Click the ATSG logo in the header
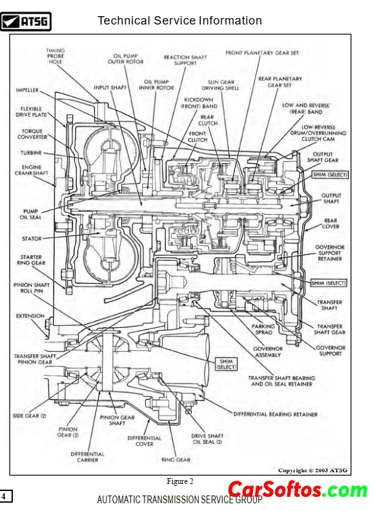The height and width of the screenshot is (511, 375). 26,21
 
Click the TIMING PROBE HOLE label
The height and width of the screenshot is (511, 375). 56,55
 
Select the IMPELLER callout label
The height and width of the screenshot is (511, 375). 27,90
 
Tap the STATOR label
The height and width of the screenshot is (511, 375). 32,239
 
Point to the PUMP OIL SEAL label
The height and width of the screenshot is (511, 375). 30,214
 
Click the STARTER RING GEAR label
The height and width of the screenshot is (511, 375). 31,260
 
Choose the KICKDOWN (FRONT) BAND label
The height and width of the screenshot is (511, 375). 199,103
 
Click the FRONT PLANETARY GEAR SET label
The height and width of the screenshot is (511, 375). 262,53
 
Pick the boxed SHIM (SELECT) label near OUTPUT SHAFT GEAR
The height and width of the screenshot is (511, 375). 330,175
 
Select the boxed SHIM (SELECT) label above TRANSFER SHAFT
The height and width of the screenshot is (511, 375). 329,283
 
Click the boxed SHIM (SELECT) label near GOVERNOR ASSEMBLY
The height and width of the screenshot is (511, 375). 227,364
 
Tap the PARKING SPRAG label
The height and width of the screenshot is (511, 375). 263,330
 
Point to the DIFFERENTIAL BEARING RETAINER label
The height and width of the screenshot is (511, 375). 275,414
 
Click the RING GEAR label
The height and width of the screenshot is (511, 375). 176,460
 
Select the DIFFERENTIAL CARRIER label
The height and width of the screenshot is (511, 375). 87,457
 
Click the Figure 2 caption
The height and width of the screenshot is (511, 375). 180,481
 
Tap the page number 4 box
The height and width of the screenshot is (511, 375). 6,496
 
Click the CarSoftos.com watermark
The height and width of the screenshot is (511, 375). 298,490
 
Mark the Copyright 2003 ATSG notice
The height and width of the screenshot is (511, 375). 313,470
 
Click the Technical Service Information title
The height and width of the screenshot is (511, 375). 179,21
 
